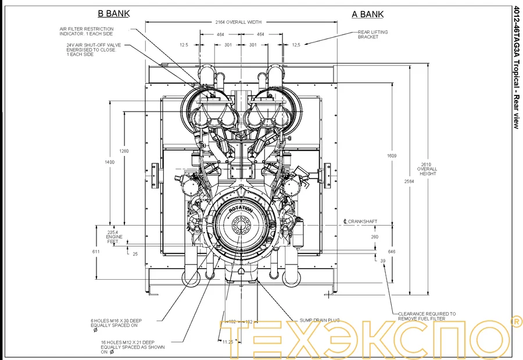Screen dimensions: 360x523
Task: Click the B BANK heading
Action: [x=113, y=13]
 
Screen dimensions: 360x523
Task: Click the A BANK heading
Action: [x=367, y=14]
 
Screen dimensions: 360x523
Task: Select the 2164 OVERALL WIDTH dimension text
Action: [x=238, y=22]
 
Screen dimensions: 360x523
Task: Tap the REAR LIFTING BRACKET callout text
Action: [x=372, y=34]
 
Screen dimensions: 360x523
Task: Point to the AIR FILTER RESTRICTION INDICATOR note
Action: [x=87, y=31]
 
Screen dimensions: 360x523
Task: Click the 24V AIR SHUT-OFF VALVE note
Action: [x=91, y=49]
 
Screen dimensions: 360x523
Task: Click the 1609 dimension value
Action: [x=392, y=156]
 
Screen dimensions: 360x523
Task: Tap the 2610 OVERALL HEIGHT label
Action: [x=427, y=169]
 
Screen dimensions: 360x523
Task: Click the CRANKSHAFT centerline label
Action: [x=361, y=222]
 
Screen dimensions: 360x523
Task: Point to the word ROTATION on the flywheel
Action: [x=240, y=209]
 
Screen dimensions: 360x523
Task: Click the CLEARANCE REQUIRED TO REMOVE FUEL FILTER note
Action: [x=427, y=316]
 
